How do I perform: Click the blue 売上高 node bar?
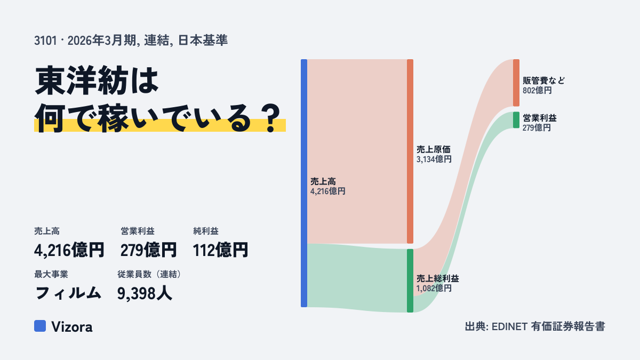point(304,183)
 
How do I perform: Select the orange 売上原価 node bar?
point(410,151)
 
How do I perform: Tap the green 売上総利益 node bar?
point(410,281)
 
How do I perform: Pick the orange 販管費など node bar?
point(516,83)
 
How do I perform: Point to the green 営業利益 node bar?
point(516,120)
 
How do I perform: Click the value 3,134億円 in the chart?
point(434,159)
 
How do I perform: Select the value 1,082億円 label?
point(434,288)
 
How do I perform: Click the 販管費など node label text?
point(543,81)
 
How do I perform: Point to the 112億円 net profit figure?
point(220,250)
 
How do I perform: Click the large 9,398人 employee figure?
point(145,293)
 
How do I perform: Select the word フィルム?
point(68,293)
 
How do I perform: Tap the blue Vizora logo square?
point(40,326)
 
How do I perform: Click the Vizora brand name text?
point(72,326)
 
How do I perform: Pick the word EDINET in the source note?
point(509,326)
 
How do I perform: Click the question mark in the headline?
point(271,118)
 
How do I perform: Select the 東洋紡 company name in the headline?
point(82,81)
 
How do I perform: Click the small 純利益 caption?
point(206,231)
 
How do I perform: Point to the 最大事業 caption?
point(51,274)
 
